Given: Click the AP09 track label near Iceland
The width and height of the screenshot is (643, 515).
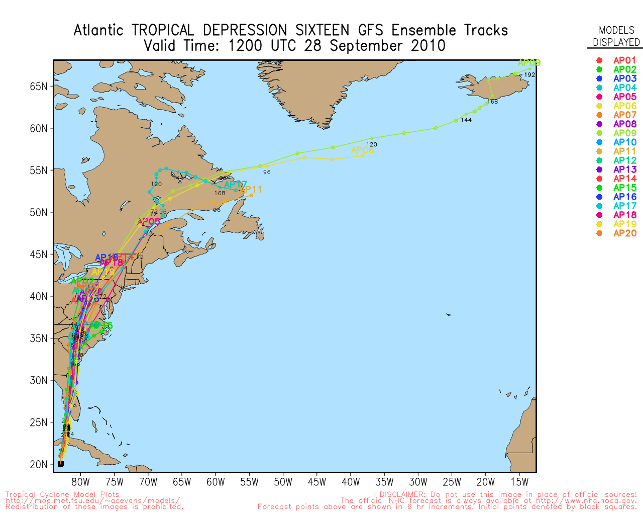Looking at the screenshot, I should point(529,63).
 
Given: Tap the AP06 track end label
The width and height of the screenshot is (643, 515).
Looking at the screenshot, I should point(362,150).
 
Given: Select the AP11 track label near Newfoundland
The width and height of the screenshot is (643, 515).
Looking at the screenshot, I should point(251,190).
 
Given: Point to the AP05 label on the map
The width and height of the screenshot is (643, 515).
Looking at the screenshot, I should point(148,222).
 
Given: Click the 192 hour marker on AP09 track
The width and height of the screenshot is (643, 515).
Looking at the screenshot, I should point(529,75).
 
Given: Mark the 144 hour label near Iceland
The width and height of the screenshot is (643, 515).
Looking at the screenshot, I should point(466,120).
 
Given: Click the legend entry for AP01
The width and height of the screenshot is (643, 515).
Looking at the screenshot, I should point(624,60).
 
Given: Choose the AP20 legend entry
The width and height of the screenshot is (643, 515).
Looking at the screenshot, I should point(624,233).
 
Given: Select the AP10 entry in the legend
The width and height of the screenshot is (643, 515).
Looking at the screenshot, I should point(624,142).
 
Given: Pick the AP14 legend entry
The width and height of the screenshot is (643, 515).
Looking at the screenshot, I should point(624,179).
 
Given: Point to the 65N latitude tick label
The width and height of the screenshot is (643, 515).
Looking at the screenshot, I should point(38,87).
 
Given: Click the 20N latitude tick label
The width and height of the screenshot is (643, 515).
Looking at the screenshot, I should point(38,464).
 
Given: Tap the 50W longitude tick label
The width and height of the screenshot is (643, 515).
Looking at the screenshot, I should point(283,482).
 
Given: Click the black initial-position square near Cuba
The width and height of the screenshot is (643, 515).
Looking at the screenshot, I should point(61,464).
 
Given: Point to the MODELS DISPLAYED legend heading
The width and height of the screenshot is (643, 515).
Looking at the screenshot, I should point(616,36).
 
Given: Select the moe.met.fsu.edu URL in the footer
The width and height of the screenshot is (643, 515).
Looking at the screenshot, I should point(93,501).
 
